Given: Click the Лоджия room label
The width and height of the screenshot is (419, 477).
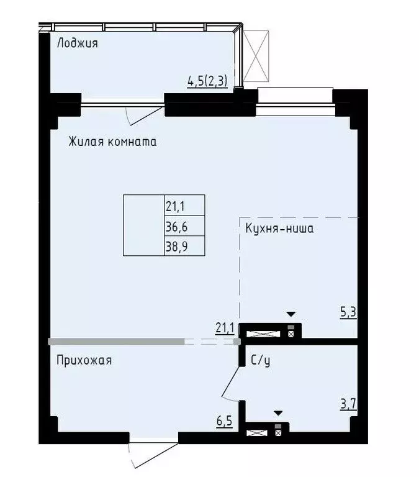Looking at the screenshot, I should coord(78,43).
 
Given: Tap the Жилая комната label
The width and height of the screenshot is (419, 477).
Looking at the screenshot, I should coord(112,142).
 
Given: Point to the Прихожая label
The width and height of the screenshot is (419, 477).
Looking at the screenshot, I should coord(84,360).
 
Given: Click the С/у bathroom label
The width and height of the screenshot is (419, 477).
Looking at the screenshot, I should coord(259,360).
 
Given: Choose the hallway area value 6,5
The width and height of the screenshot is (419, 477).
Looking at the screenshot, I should coord(224,422).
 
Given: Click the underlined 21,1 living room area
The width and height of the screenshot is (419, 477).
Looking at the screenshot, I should coord(224,327).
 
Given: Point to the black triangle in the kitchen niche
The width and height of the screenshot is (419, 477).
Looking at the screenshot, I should coord(291,314).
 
